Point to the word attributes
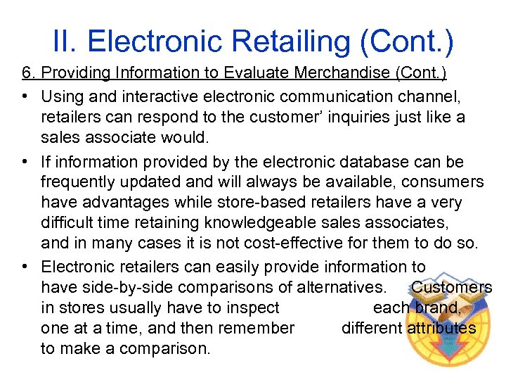(x=441, y=328)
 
